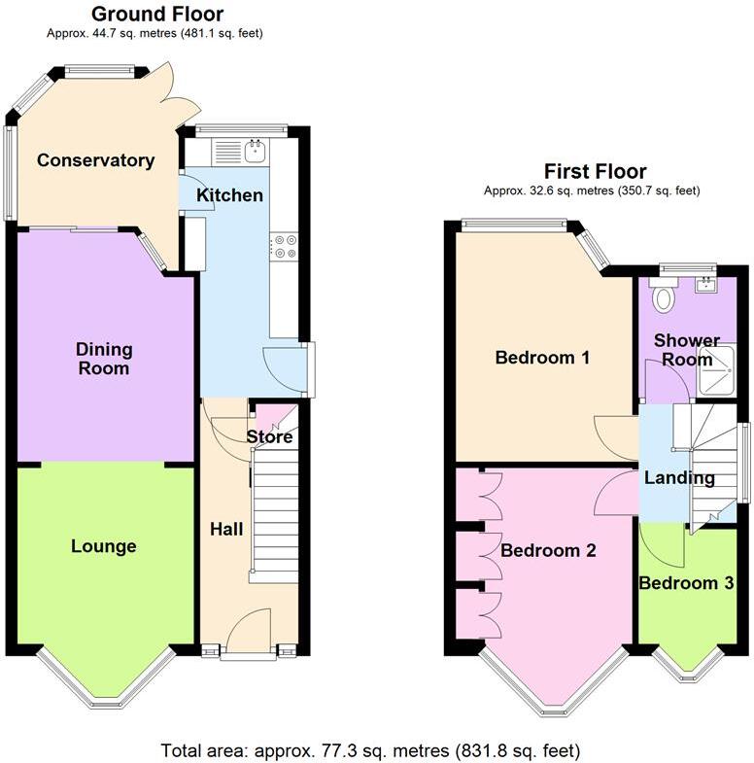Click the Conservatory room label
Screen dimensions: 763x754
(x=95, y=160)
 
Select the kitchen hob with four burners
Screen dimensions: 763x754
(x=284, y=247)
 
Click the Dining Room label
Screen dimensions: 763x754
(x=105, y=359)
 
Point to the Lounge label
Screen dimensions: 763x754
(x=103, y=546)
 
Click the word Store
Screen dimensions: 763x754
(x=269, y=437)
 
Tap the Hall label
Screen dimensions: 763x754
(x=226, y=530)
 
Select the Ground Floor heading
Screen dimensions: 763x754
(x=156, y=14)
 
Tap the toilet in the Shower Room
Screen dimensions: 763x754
(x=665, y=296)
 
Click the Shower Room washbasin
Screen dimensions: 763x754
(x=706, y=285)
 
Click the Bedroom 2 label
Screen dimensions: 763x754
(x=548, y=550)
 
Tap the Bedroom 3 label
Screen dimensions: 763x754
(x=685, y=583)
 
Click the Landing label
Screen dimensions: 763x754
(x=679, y=477)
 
